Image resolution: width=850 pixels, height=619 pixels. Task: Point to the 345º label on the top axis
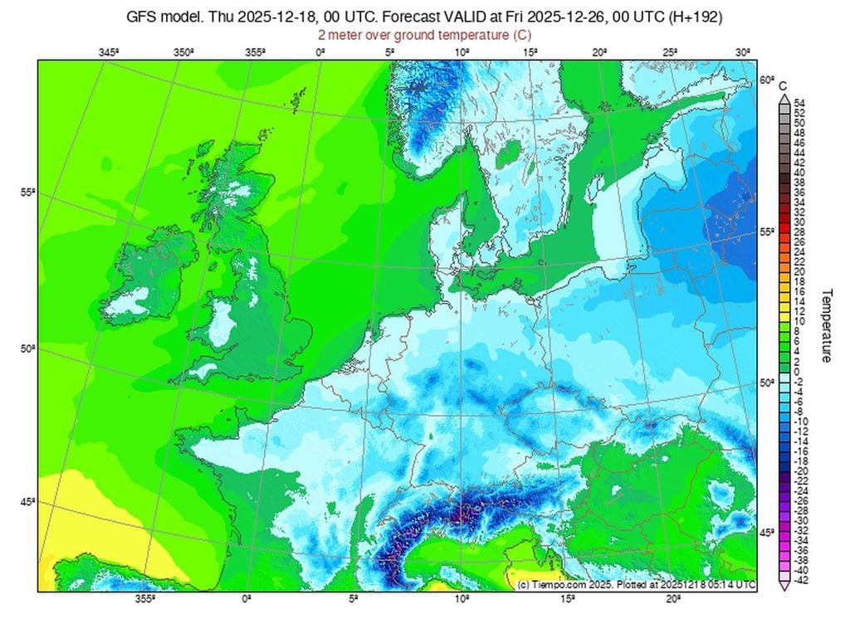click(109, 52)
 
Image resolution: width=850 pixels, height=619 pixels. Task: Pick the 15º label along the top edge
click(531, 52)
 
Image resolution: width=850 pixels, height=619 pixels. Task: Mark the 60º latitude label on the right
click(766, 81)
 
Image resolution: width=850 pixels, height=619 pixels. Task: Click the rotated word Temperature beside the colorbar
click(827, 325)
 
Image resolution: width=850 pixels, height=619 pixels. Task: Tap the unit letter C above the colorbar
click(783, 85)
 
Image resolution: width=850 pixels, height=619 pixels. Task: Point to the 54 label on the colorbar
click(799, 103)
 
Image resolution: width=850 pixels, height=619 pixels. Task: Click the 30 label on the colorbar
click(799, 222)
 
